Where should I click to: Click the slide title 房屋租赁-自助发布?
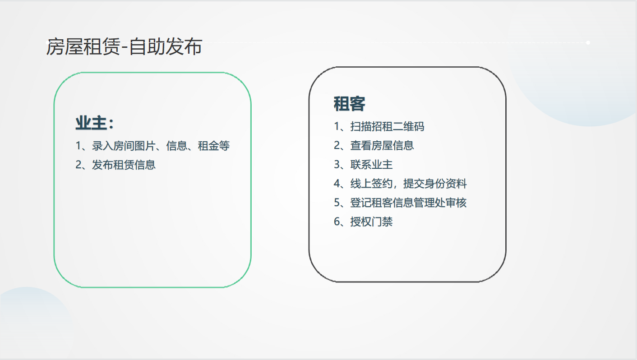[x=124, y=46]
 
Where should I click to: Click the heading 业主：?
[x=94, y=124]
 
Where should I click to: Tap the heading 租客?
[x=350, y=104]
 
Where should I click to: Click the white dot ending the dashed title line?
[x=588, y=43]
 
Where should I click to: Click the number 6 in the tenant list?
[x=337, y=222]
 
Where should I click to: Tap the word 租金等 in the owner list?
[x=214, y=146]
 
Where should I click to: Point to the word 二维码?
[x=409, y=126]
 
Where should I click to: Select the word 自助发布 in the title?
[x=166, y=46]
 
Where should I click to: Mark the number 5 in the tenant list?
[x=337, y=203]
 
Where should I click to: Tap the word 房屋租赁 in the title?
[x=83, y=46]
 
